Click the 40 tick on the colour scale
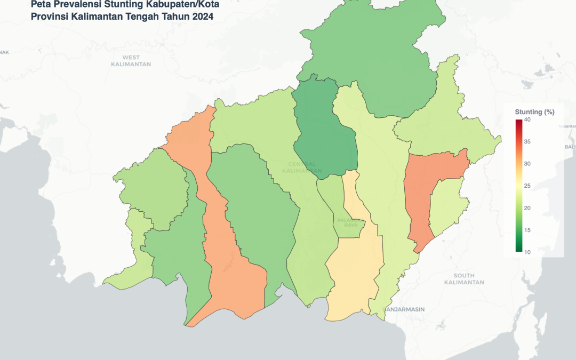527,120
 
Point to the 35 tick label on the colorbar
527,142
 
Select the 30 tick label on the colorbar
527,164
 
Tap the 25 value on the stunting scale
527,186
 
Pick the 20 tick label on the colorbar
527,208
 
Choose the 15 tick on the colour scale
527,230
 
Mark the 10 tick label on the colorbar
527,252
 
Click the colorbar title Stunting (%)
534,112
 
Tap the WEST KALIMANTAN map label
131,61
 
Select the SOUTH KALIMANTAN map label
464,278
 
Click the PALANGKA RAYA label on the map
350,222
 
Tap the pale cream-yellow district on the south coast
352,277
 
